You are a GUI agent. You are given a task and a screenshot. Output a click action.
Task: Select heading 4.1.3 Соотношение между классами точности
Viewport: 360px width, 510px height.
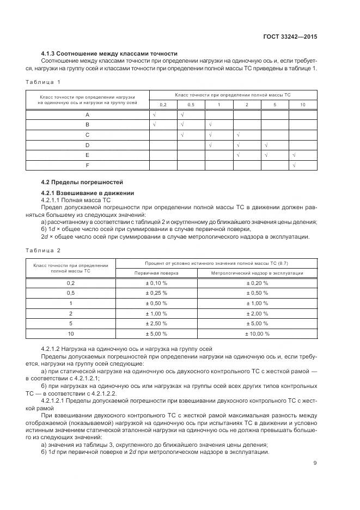point(109,54)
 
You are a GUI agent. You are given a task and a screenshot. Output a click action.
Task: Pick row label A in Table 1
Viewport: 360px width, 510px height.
point(87,115)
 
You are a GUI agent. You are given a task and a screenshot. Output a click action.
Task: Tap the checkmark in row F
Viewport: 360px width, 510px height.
point(294,165)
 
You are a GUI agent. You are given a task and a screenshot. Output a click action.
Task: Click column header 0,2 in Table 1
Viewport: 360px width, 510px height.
point(163,105)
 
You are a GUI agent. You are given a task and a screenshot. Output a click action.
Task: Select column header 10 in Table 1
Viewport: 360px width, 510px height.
point(302,105)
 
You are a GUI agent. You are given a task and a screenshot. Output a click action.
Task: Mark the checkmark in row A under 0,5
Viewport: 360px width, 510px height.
point(182,115)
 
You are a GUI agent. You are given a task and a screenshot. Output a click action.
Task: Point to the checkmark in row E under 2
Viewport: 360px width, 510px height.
point(238,155)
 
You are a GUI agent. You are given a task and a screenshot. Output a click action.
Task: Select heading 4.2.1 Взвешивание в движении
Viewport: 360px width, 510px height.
point(80,193)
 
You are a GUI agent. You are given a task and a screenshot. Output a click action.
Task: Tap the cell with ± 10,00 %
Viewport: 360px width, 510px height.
point(257,333)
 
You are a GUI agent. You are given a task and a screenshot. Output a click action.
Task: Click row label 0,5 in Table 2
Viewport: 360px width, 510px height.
point(70,293)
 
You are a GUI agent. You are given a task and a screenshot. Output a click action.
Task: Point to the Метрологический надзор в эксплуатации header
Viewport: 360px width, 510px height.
point(257,273)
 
